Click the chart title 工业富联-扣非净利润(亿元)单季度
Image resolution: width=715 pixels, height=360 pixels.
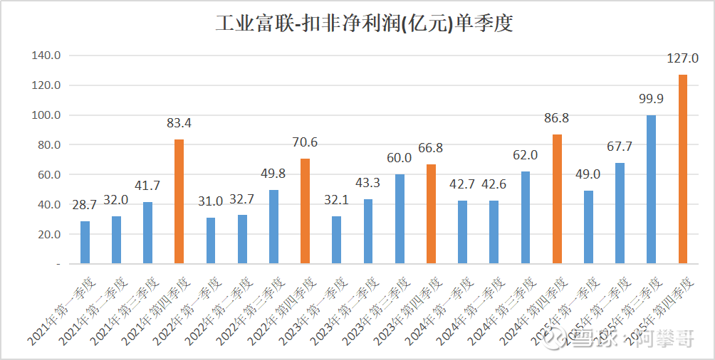point(364,24)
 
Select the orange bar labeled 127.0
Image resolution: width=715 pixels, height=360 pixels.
point(683,169)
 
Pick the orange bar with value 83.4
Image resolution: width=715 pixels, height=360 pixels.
point(179,201)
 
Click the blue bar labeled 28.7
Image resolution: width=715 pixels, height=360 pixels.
point(85,242)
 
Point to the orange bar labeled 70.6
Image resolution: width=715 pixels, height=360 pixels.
point(305,211)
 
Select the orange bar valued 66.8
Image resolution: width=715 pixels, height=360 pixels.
point(431,213)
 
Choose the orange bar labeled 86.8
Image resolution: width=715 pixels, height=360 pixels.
point(557,198)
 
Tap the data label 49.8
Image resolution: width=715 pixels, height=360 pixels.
point(273,174)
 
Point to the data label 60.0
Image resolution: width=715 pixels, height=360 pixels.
point(400,158)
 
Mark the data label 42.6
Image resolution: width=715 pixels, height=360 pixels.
point(494,184)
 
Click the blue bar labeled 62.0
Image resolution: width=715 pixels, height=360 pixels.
point(526,217)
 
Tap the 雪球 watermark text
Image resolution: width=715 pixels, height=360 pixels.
point(583,340)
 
